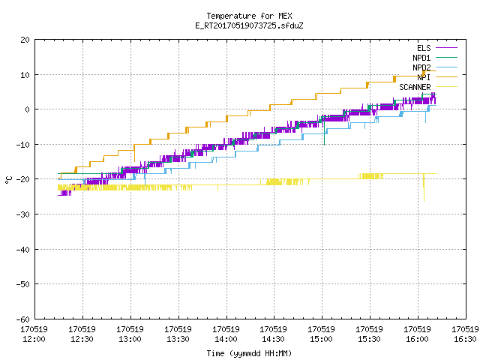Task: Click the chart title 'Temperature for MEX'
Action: pos(249,16)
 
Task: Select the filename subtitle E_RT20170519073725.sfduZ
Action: pos(249,25)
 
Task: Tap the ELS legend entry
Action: pos(424,48)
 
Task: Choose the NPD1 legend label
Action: pos(421,58)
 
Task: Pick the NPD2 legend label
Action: pos(421,67)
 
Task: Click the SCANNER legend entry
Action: pos(415,87)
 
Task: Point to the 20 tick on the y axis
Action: pos(25,40)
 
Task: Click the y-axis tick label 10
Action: pos(25,75)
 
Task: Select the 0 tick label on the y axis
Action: pos(27,109)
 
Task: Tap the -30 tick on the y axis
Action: pos(23,214)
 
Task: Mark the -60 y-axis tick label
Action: pos(23,319)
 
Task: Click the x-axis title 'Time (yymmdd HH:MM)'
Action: pos(249,353)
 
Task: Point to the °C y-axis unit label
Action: pos(8,180)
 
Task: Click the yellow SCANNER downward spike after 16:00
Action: pos(424,187)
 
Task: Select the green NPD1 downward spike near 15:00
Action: pos(324,131)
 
